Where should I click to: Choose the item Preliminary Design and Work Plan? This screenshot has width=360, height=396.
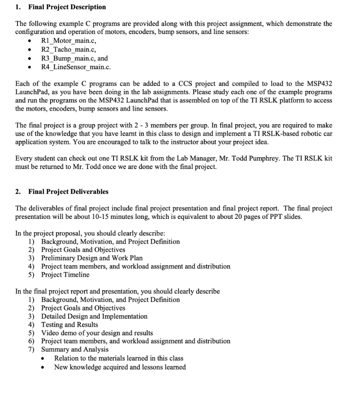click(x=92, y=258)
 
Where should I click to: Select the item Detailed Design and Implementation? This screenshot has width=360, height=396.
click(x=94, y=316)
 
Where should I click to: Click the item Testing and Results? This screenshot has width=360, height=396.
click(x=70, y=325)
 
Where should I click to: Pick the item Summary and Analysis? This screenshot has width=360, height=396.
click(x=75, y=350)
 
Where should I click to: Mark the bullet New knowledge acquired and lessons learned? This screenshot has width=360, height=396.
click(x=120, y=367)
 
